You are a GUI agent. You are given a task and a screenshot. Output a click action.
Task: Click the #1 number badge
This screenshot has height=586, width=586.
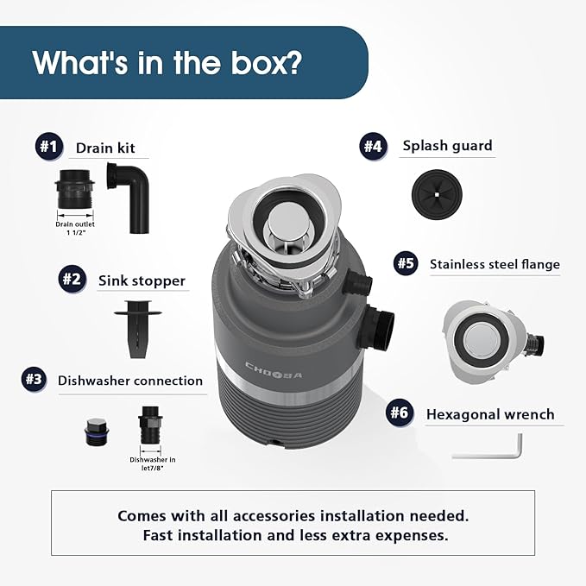[47, 147]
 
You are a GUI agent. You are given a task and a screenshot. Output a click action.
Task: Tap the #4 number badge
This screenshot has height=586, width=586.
[372, 145]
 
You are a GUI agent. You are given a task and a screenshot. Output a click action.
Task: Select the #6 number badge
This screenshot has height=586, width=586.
[398, 413]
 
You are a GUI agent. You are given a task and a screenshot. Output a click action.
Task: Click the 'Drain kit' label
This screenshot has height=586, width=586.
[105, 148]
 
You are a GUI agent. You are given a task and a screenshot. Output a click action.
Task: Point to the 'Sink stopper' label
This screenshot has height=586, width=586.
[142, 280]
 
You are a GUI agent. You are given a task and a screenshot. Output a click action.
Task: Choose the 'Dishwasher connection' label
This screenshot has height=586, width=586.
[130, 380]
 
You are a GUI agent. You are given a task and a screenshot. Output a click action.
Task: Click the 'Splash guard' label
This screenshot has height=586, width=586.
[447, 145]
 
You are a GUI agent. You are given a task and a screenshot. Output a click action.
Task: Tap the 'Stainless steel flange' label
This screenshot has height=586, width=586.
[495, 264]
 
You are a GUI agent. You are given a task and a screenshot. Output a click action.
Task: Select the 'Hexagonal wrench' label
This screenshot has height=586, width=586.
[490, 414]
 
